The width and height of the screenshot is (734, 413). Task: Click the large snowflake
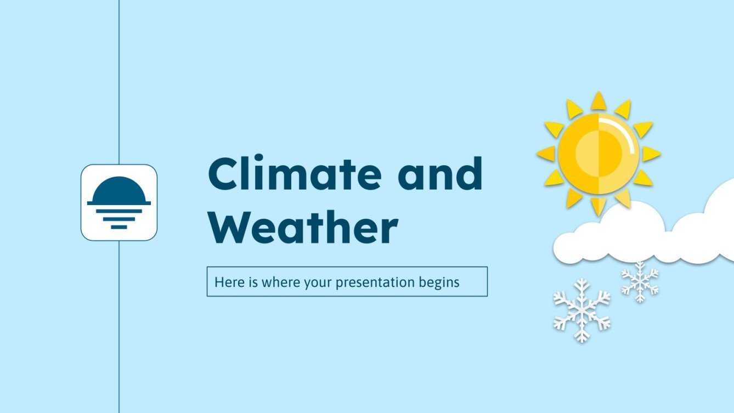[x=581, y=310]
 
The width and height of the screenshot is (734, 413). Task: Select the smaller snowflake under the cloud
[x=640, y=281]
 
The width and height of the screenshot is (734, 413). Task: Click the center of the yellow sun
[x=599, y=153]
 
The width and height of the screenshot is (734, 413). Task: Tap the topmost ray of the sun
[x=599, y=101]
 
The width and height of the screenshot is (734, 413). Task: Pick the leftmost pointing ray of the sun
[x=546, y=154]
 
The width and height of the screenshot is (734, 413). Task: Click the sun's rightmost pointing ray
[x=651, y=154]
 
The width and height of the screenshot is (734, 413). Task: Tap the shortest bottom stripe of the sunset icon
[x=119, y=227]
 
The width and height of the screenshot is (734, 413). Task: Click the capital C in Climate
[x=226, y=174]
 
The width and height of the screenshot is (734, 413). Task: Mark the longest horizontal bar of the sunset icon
[x=119, y=203]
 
